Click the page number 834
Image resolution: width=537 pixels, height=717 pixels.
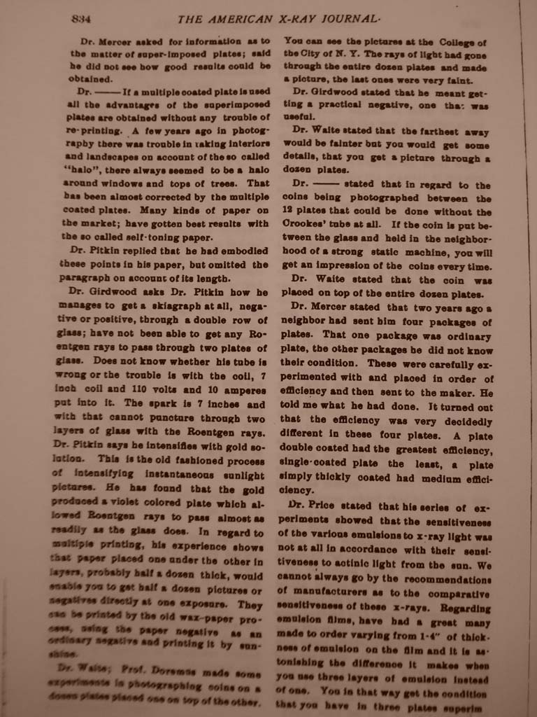tap(82, 19)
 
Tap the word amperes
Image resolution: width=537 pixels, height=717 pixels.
tap(241, 390)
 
